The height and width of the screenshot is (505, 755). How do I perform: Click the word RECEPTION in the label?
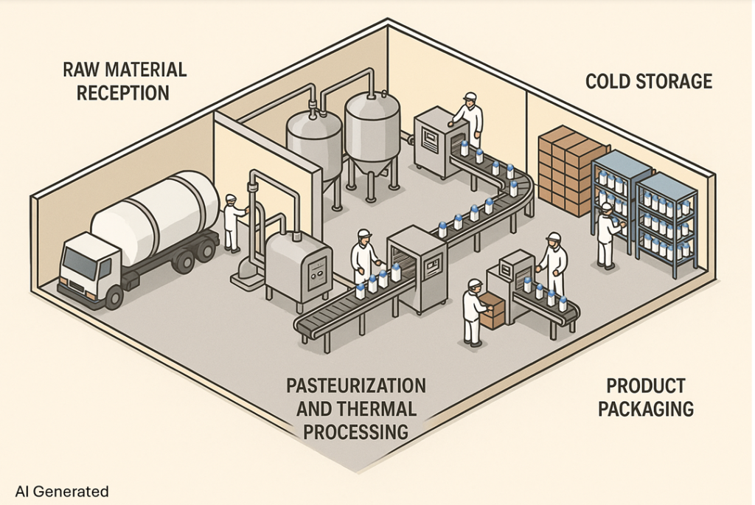[124, 93]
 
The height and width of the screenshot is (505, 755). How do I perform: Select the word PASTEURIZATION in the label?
[355, 386]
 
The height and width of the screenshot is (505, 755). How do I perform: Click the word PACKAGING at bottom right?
[646, 408]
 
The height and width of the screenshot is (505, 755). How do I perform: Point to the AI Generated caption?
[62, 491]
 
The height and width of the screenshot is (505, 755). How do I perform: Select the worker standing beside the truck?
[234, 223]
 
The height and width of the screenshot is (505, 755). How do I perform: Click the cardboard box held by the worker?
[493, 310]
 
